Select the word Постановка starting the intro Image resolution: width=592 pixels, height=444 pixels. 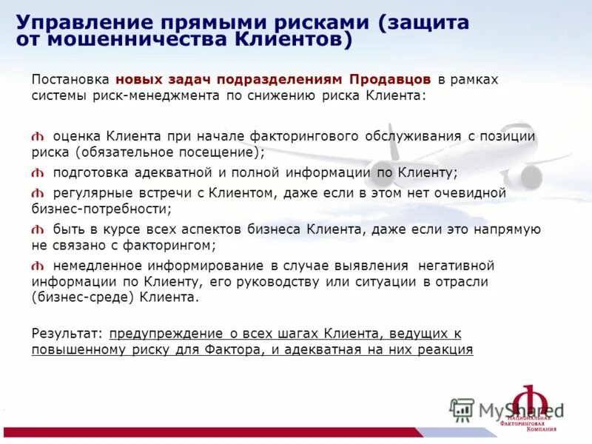pyautogui.click(x=70, y=80)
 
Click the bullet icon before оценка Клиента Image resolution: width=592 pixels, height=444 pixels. pyautogui.click(x=38, y=137)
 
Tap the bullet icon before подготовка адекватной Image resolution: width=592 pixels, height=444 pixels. pyautogui.click(x=38, y=173)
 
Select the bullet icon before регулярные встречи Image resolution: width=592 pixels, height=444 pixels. pyautogui.click(x=38, y=193)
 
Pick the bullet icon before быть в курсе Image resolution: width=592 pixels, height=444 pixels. pyautogui.click(x=38, y=229)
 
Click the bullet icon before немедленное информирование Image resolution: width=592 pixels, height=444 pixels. pyautogui.click(x=38, y=266)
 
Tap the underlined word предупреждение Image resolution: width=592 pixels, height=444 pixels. pyautogui.click(x=155, y=334)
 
